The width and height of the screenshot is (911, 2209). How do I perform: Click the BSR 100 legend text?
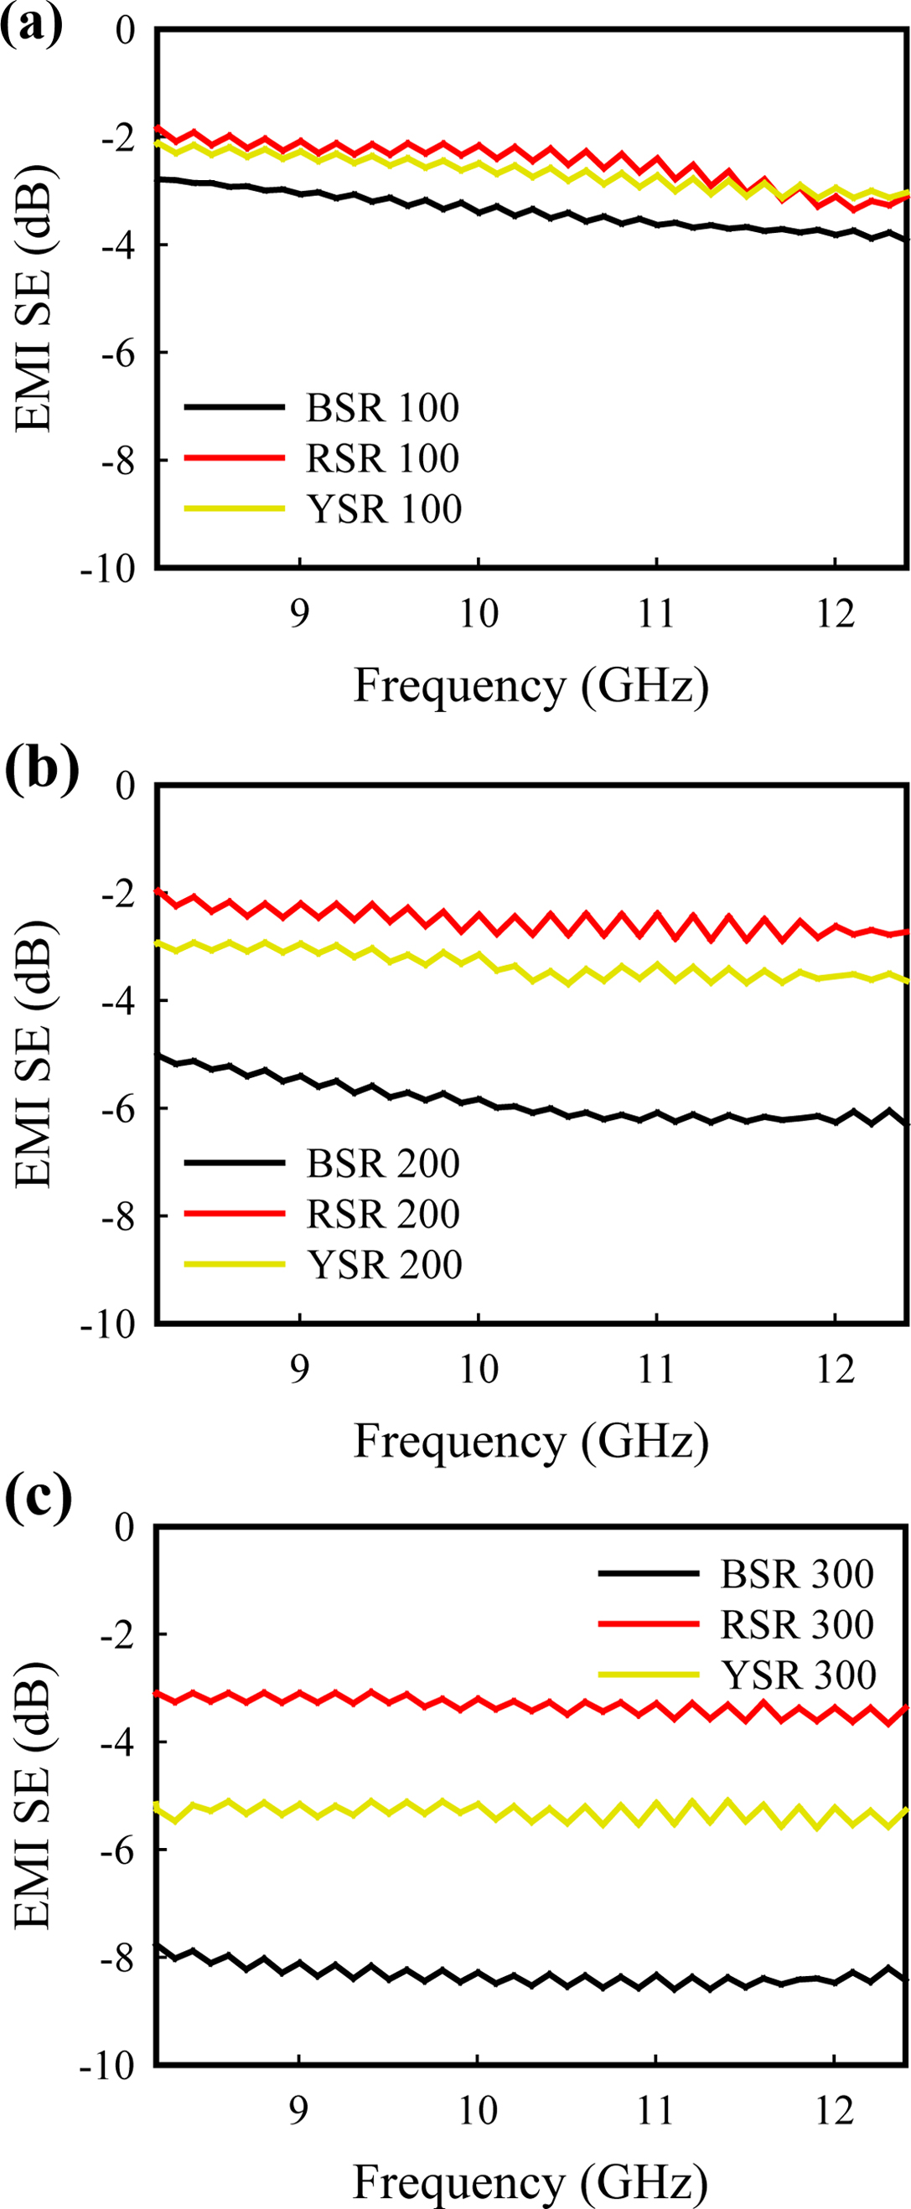click(382, 408)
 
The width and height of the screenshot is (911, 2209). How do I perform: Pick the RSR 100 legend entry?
click(382, 459)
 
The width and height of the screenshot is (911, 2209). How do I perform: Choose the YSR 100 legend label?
click(385, 509)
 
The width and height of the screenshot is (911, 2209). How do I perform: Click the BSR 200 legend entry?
click(382, 1164)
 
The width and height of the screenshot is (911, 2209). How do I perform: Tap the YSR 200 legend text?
click(385, 1265)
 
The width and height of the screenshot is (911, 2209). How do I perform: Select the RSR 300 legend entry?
click(797, 1624)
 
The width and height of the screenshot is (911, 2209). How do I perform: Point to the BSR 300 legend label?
click(797, 1573)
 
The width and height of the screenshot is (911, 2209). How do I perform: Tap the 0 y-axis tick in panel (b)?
click(125, 786)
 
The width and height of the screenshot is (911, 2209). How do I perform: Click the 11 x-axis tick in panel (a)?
click(656, 615)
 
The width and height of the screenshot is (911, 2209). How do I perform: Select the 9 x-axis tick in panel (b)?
click(298, 1370)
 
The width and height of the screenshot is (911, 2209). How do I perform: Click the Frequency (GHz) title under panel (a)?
click(531, 686)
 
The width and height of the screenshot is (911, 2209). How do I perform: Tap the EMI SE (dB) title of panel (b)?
click(34, 1055)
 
